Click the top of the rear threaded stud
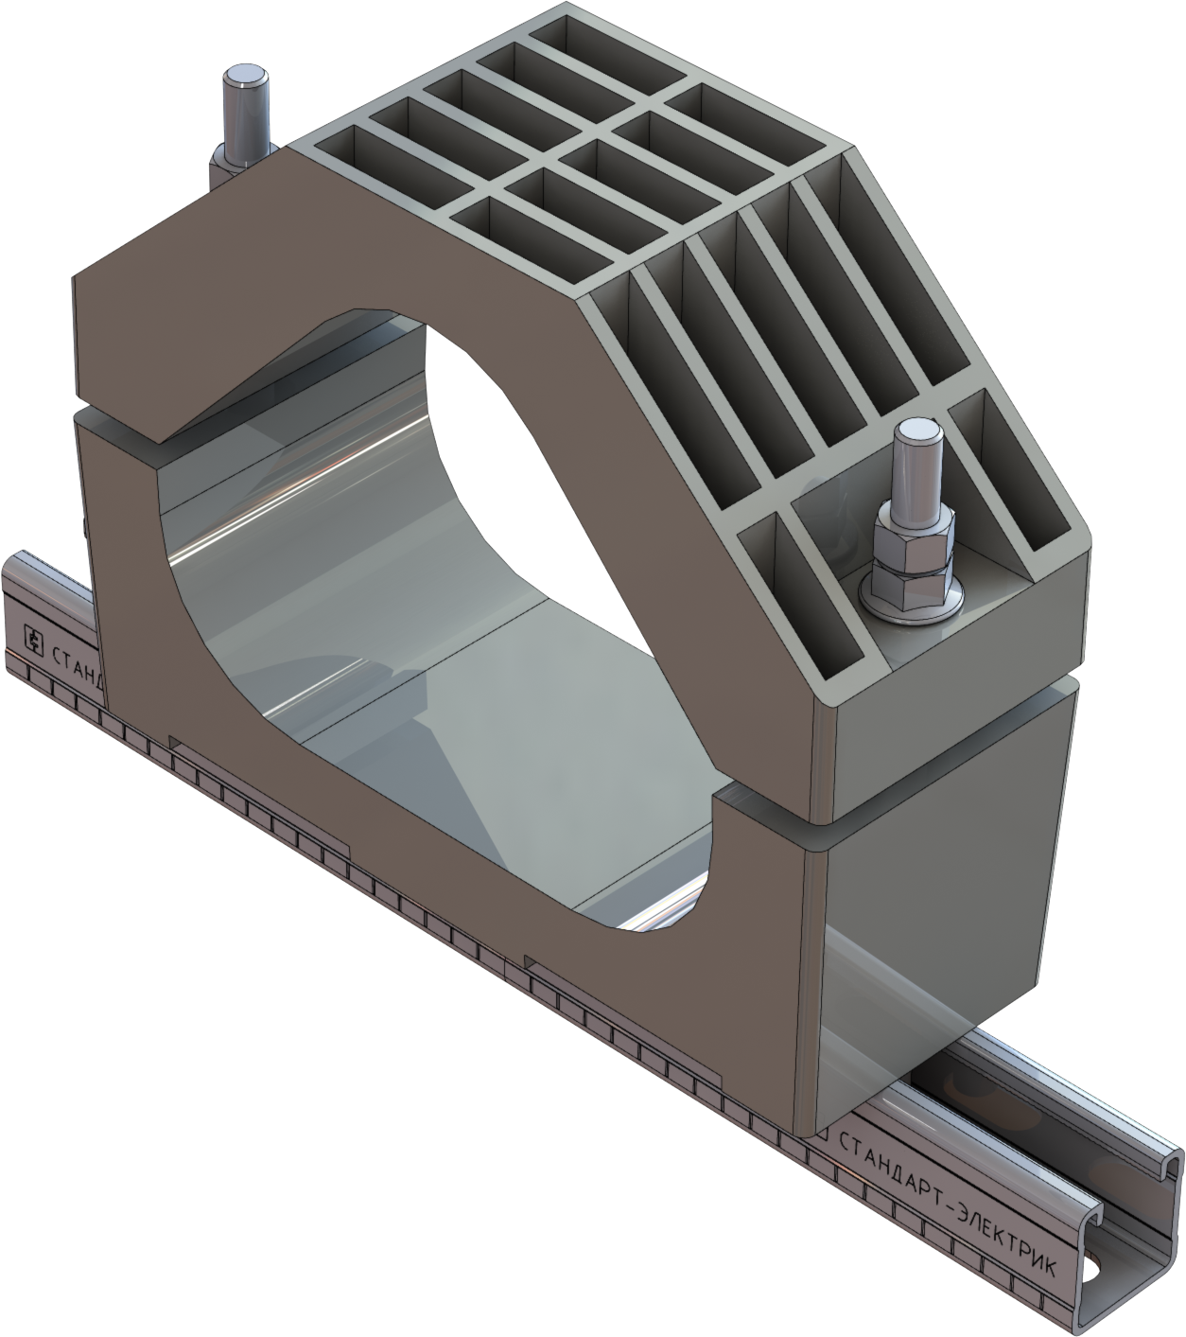click(244, 73)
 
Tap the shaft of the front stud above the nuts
click(916, 478)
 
